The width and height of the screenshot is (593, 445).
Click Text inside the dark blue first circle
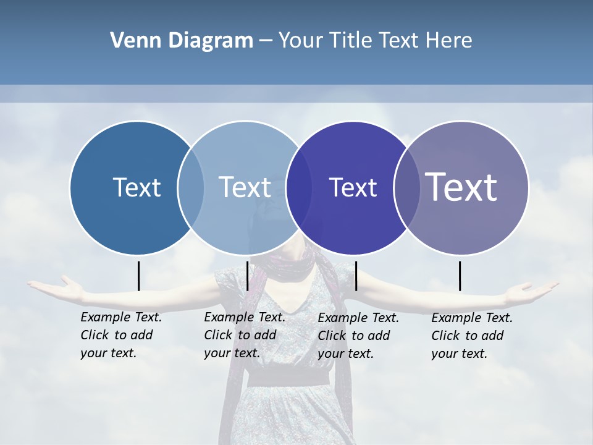tap(137, 187)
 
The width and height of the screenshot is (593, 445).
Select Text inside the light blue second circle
tap(245, 187)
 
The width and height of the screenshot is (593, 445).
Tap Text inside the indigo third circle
tap(353, 187)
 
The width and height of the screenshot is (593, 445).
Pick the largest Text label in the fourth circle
tap(461, 187)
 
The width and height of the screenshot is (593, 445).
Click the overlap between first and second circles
tap(191, 187)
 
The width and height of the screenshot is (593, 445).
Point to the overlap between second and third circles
tap(299, 187)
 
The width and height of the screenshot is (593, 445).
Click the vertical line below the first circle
tap(138, 276)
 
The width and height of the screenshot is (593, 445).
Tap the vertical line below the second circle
tap(247, 276)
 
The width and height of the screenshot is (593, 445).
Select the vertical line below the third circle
tap(356, 276)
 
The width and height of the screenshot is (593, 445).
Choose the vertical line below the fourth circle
tap(460, 276)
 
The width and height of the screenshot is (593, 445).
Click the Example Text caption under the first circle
tap(120, 335)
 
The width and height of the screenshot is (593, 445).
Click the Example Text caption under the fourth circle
tap(471, 336)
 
